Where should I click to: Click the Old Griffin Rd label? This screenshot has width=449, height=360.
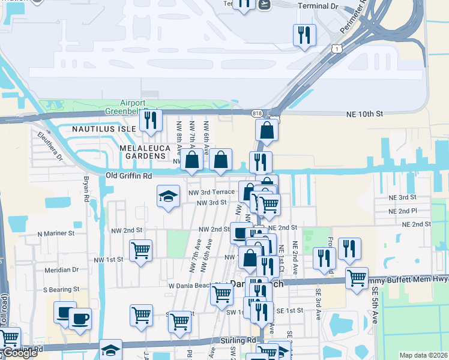click(x=128, y=175)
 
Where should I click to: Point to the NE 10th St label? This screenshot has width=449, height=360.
click(x=364, y=114)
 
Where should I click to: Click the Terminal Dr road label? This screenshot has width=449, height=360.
click(x=318, y=7)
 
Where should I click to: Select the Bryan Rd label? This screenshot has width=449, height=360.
click(x=86, y=189)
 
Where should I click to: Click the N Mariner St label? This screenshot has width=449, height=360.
click(x=55, y=233)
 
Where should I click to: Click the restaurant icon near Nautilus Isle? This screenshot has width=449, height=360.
click(x=151, y=120)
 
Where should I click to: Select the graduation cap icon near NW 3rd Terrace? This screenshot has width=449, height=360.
click(x=169, y=196)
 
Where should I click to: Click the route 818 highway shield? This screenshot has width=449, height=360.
click(x=257, y=113)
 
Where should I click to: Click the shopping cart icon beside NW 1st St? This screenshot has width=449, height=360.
click(x=140, y=250)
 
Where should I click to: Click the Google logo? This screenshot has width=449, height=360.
click(x=20, y=353)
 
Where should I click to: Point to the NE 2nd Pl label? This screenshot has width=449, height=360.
click(x=403, y=211)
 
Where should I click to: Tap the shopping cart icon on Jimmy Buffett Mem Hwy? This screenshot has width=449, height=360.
click(x=357, y=278)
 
